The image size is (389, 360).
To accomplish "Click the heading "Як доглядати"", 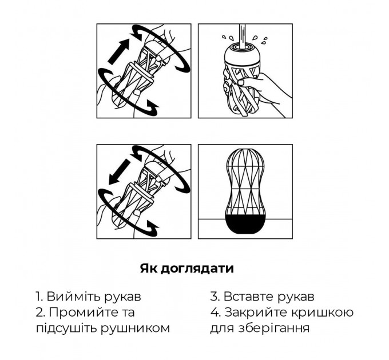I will point(186,268).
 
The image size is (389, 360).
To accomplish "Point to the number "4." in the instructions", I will point(215,313).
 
